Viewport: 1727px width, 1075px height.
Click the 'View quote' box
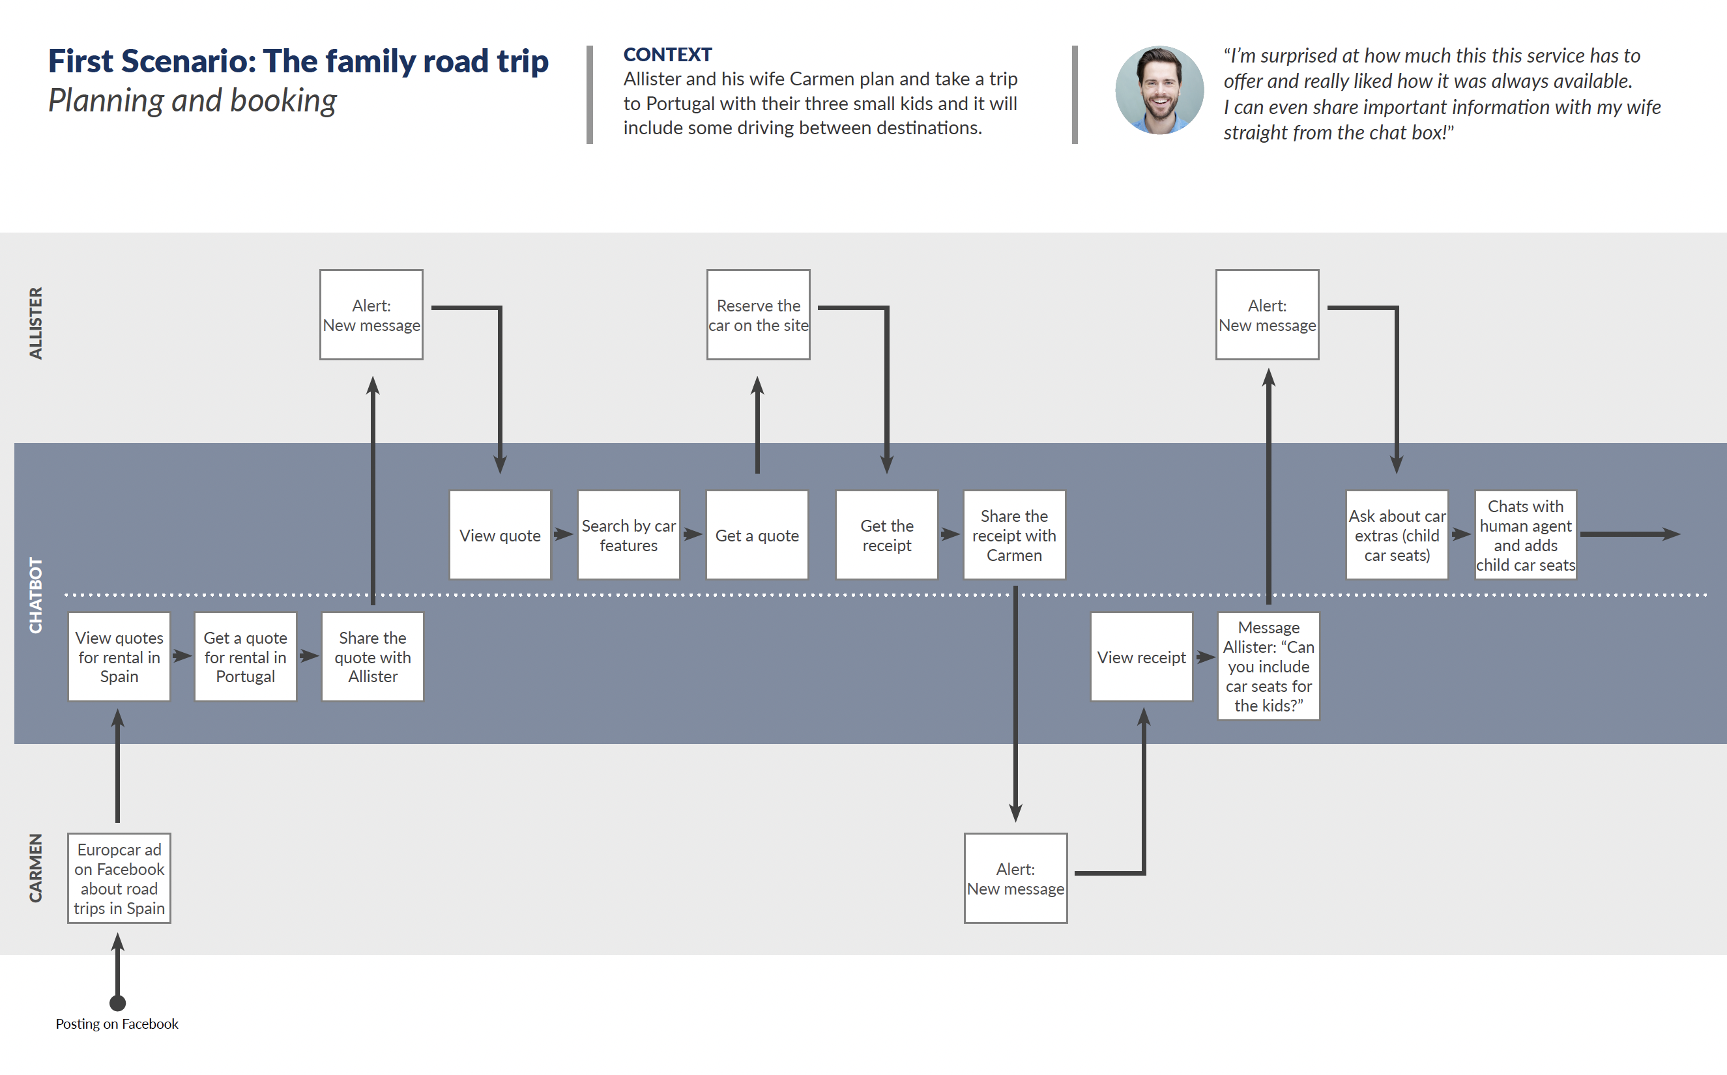pyautogui.click(x=500, y=535)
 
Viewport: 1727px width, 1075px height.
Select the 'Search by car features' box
pyautogui.click(x=628, y=535)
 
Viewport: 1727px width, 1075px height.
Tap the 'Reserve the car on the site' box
pyautogui.click(x=758, y=314)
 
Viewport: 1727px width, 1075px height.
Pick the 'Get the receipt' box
pyautogui.click(x=886, y=535)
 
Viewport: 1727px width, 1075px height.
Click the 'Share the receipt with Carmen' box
pyautogui.click(x=1015, y=535)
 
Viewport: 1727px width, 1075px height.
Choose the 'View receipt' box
pyautogui.click(x=1142, y=657)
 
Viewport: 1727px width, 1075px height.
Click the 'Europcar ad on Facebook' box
pyautogui.click(x=119, y=878)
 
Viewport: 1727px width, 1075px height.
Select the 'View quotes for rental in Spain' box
pyautogui.click(x=119, y=657)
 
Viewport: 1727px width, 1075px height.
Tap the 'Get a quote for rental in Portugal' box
pyautogui.click(x=245, y=657)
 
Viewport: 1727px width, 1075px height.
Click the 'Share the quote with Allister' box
pyautogui.click(x=373, y=657)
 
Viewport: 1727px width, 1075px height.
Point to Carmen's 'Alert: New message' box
pyautogui.click(x=1015, y=878)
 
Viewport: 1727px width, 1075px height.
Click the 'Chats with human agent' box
pyautogui.click(x=1526, y=535)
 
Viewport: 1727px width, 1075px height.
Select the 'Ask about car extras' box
pyautogui.click(x=1397, y=535)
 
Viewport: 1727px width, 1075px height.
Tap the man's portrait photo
pyautogui.click(x=1159, y=91)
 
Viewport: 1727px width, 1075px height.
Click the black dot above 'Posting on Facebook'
pyautogui.click(x=118, y=1003)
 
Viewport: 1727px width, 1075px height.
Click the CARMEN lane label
pyautogui.click(x=36, y=867)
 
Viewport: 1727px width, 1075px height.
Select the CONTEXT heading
pyautogui.click(x=667, y=55)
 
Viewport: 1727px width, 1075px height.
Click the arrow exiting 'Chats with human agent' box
pyautogui.click(x=1630, y=534)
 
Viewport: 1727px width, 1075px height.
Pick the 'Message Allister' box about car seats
pyautogui.click(x=1268, y=666)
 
